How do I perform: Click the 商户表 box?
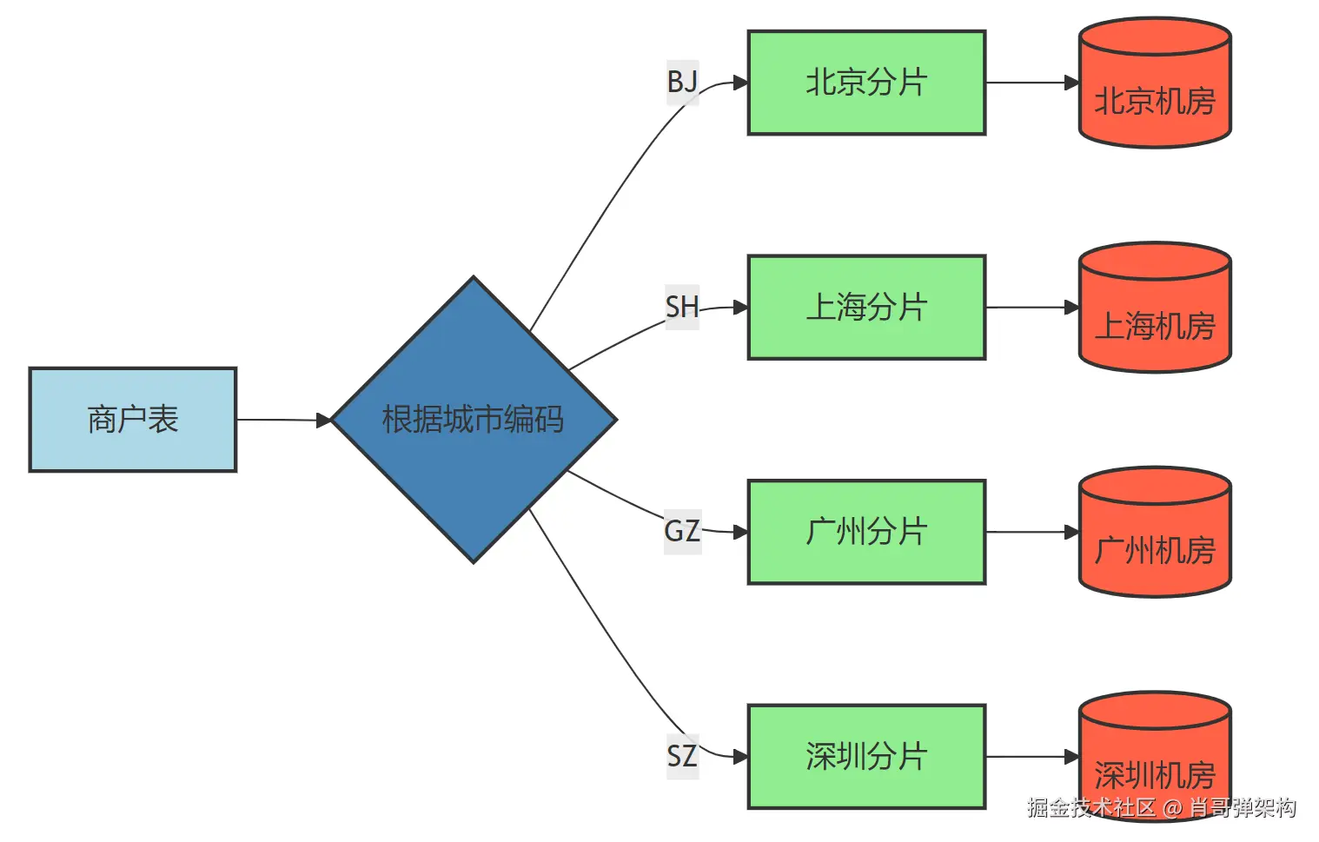[x=132, y=420]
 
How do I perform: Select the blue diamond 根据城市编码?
[x=474, y=420]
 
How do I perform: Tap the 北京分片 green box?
[x=866, y=83]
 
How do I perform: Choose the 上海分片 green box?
[x=866, y=307]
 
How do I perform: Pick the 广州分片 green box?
[x=866, y=532]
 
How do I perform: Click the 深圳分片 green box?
[x=866, y=756]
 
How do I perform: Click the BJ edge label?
[x=682, y=83]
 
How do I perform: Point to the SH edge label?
[x=682, y=307]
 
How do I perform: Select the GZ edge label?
[x=682, y=531]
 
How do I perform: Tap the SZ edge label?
[x=682, y=756]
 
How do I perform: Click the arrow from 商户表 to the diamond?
[x=283, y=420]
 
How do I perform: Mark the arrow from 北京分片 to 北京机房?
[x=1031, y=83]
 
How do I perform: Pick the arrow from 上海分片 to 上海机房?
[x=1031, y=307]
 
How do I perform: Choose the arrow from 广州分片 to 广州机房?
[x=1031, y=532]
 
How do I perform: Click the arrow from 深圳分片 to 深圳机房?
[x=1031, y=756]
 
